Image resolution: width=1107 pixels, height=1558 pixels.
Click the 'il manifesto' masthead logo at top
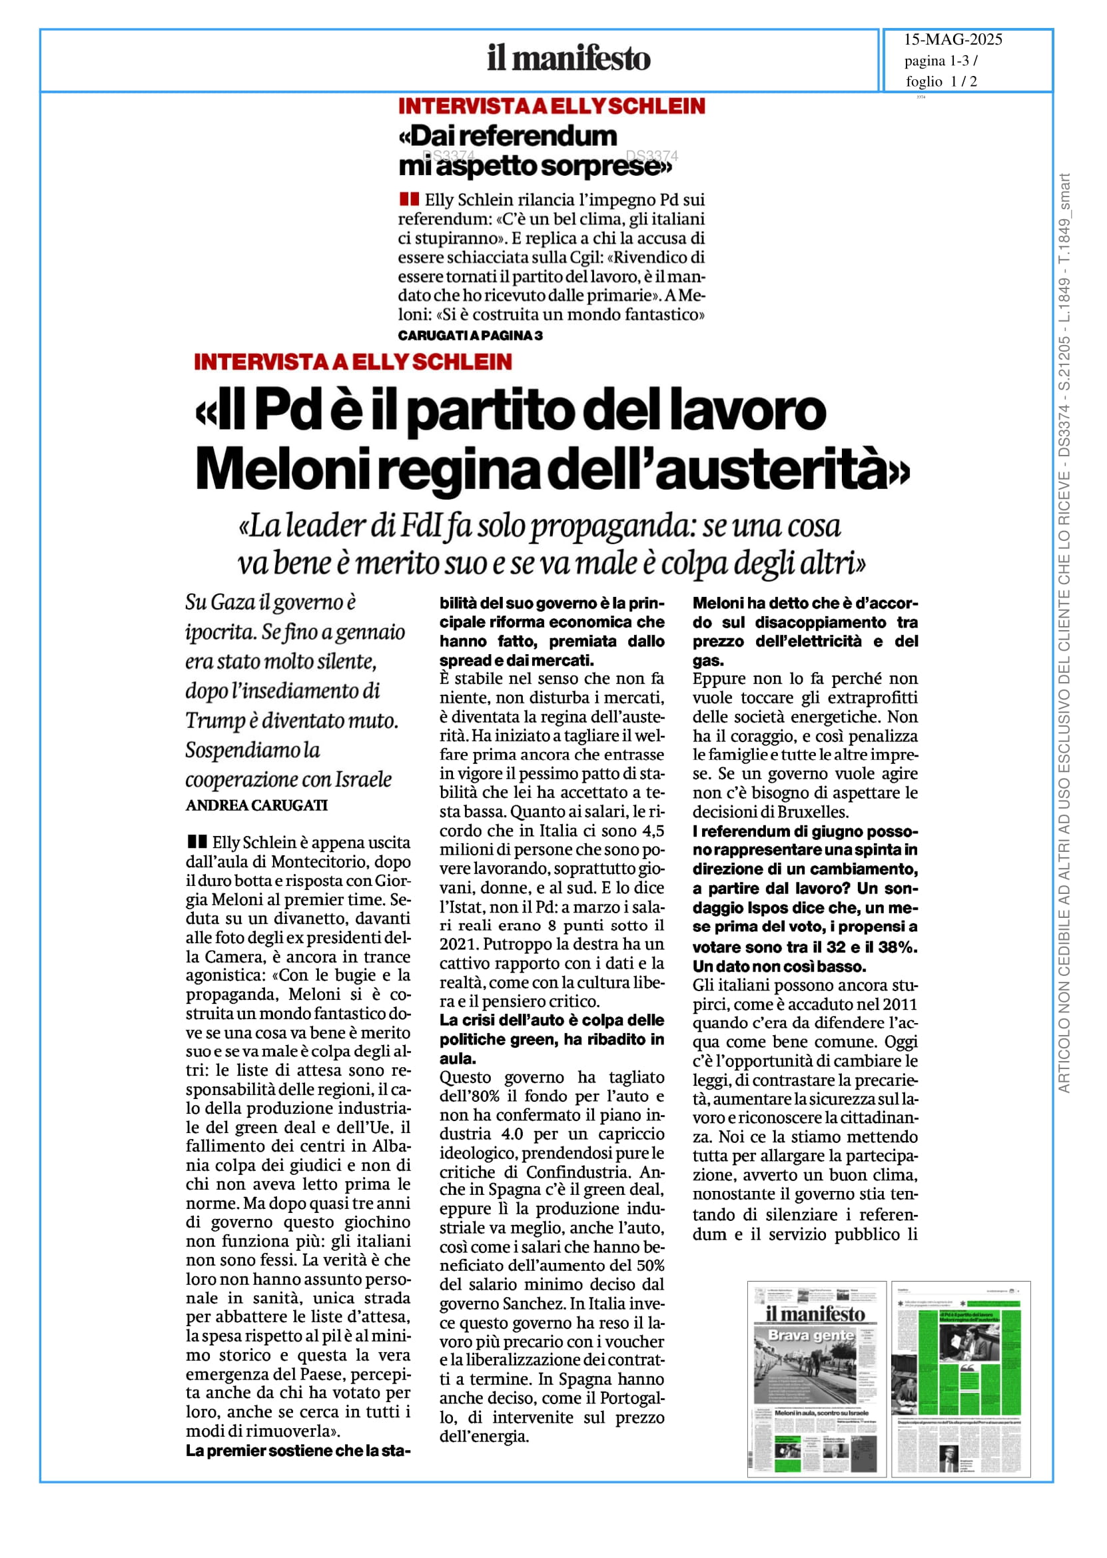[569, 59]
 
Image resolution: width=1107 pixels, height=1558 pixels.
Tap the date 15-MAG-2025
[953, 39]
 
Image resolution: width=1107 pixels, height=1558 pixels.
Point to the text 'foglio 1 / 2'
[940, 82]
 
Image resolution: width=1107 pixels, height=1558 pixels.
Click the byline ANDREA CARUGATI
[256, 805]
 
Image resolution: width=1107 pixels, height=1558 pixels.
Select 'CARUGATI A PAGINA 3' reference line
[470, 335]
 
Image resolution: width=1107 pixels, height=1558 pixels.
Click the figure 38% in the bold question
[899, 947]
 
